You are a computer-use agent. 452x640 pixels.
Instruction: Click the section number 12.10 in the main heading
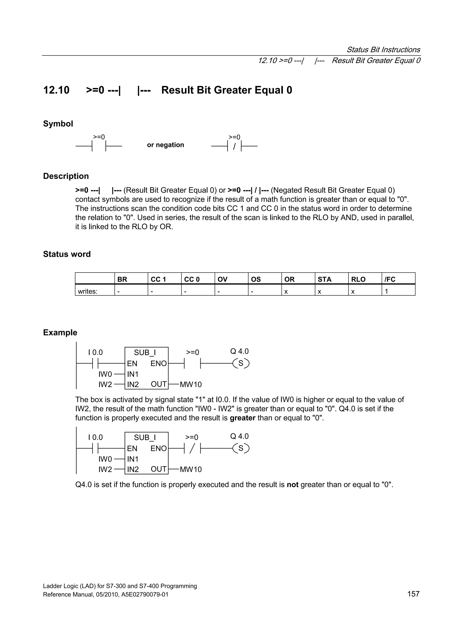coord(56,90)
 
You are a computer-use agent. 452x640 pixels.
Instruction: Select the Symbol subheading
coord(58,123)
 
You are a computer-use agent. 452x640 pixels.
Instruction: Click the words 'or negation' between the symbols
coord(166,145)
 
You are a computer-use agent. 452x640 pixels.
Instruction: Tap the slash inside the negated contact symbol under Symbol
coord(234,146)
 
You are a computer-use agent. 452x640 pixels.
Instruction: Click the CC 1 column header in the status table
coord(158,279)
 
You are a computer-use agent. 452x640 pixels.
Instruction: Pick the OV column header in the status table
coord(222,279)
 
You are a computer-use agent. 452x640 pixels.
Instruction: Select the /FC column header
coord(390,279)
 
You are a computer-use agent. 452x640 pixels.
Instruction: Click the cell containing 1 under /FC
coord(386,292)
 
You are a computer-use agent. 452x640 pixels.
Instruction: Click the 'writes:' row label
coord(88,292)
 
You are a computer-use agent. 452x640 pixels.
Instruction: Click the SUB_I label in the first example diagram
coord(145,353)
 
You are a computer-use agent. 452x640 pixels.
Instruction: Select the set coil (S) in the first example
coord(241,363)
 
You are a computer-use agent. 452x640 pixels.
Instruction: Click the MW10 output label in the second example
coord(190,469)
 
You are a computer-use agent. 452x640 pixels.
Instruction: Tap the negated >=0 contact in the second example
coord(192,448)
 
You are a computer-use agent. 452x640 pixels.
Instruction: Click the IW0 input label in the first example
coord(105,374)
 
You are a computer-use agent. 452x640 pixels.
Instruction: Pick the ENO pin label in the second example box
coord(158,448)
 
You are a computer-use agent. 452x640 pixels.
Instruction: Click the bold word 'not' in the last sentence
coord(292,485)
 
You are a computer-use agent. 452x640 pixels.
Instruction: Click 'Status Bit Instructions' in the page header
coord(383,50)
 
